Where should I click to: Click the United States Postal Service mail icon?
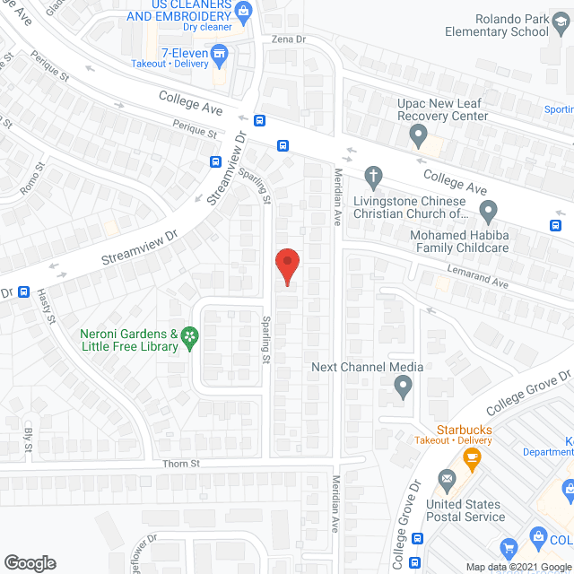pos(446,484)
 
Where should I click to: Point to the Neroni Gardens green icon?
pos(189,336)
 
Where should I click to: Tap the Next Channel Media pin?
pos(403,387)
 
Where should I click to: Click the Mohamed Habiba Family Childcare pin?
pos(488,213)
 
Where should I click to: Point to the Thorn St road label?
pos(180,464)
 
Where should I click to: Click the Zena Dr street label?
pos(289,40)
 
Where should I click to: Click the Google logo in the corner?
pos(30,562)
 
